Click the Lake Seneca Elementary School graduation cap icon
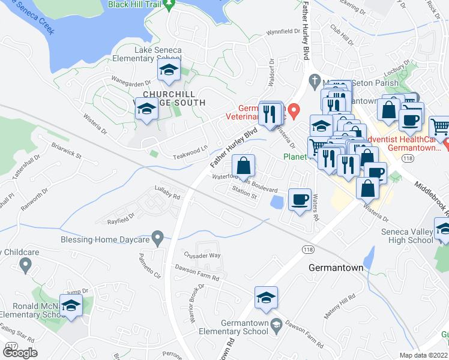click(169, 71)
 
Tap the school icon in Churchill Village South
click(146, 109)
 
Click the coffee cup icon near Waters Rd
click(300, 199)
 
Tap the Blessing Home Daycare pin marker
click(157, 239)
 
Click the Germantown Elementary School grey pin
click(276, 324)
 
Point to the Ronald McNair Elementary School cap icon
click(71, 306)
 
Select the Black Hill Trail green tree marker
click(169, 5)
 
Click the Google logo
click(20, 353)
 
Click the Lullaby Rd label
click(167, 196)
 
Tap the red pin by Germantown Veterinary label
click(294, 110)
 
